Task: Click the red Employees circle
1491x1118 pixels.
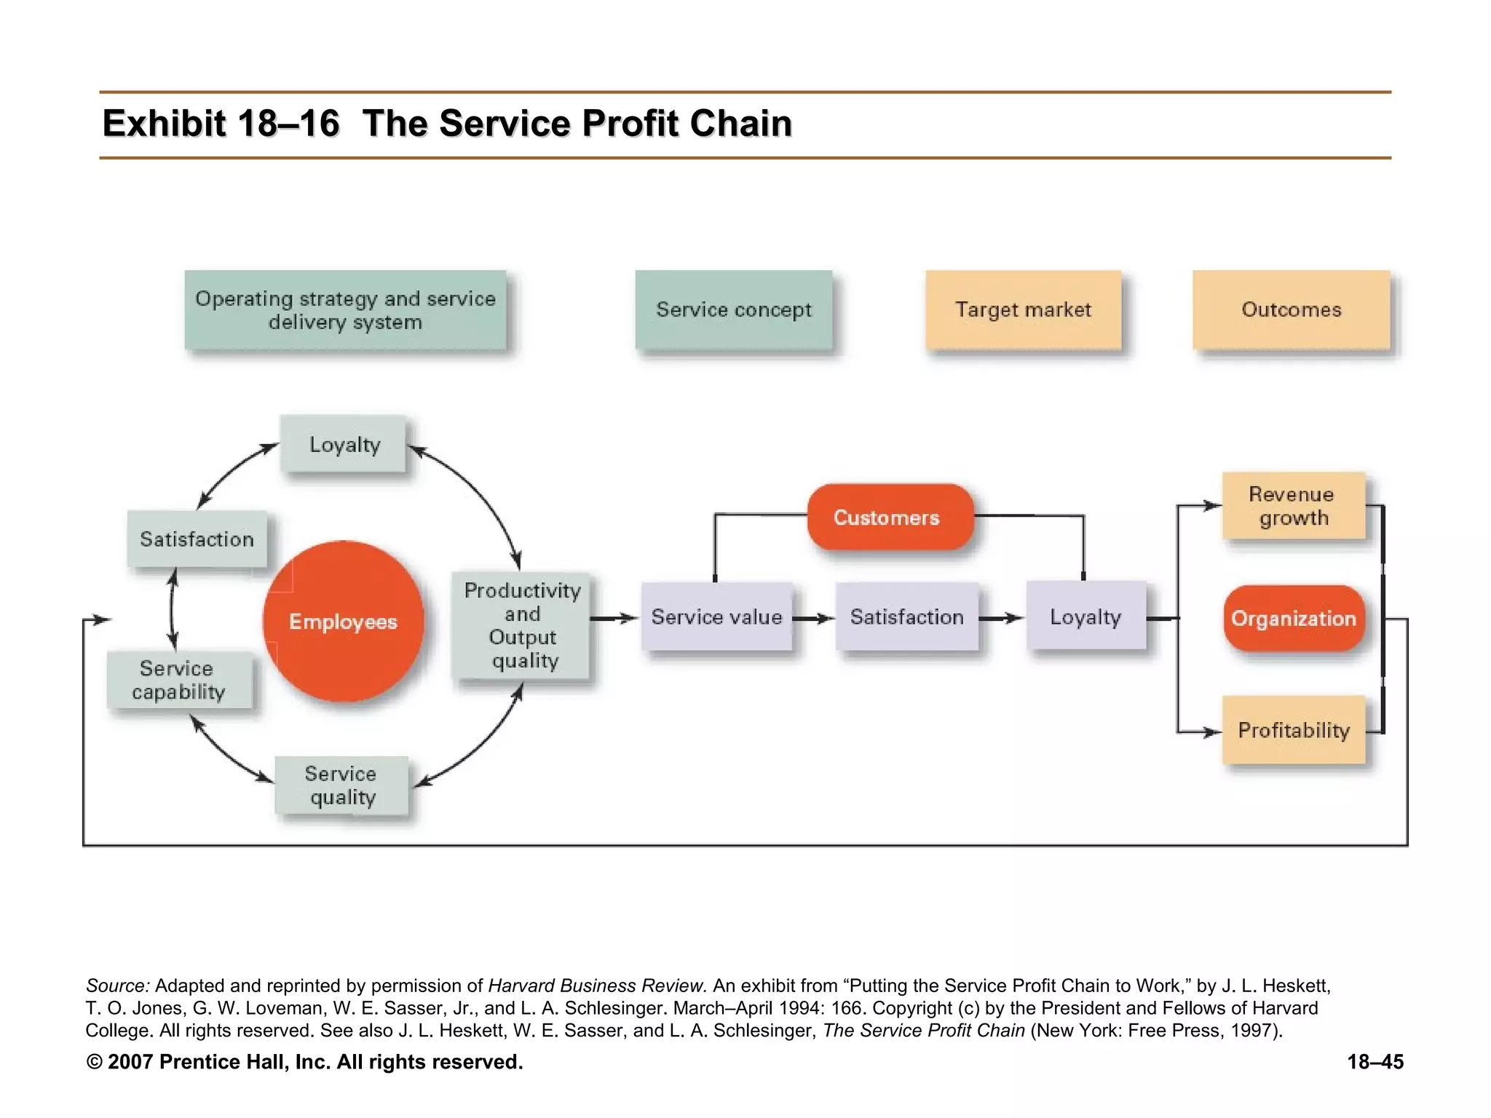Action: [343, 621]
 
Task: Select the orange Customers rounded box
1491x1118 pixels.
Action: [890, 517]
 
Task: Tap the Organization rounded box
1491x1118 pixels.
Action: [1293, 618]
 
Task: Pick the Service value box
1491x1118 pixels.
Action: [716, 617]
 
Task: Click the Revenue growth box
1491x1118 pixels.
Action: [1292, 506]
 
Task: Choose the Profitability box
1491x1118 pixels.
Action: [1293, 729]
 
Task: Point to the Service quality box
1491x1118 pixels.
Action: [341, 785]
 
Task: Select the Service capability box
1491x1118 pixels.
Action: [179, 680]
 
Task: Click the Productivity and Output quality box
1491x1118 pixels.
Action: [521, 625]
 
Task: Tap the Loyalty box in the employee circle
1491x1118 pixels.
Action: [344, 444]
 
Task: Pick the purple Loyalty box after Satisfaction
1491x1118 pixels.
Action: [1085, 617]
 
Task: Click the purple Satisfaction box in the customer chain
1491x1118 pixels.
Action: [906, 617]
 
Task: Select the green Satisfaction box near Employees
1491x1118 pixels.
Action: [197, 539]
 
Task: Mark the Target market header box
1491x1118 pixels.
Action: [1023, 309]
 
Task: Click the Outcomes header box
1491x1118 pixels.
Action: [1291, 309]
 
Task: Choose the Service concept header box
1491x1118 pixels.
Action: [733, 309]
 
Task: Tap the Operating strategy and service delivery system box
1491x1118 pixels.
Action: [345, 310]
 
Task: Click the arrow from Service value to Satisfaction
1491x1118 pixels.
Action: [814, 618]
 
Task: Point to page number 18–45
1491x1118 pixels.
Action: [1375, 1062]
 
